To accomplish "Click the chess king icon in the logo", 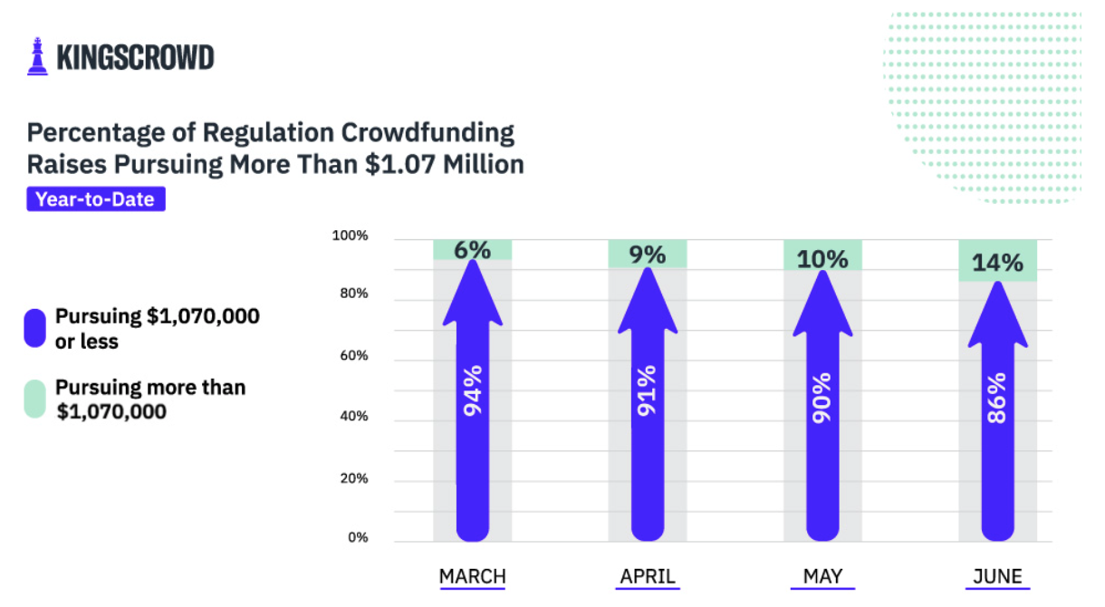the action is coord(37,56).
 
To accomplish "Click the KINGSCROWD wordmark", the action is coord(136,57).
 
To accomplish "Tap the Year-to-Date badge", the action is coord(96,199).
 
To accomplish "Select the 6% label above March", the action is coord(473,250).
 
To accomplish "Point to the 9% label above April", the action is coord(648,255).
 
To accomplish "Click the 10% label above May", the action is coord(822,259).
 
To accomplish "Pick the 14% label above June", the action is coord(998,263).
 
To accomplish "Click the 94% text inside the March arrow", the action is coord(473,390).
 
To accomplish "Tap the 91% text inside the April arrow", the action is coord(648,390).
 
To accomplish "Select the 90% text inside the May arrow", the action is coord(822,399).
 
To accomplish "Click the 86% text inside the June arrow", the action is coord(997,399).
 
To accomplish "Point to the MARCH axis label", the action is coord(473,576).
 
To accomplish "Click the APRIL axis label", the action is coord(648,576).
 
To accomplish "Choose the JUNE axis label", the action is coord(998,576).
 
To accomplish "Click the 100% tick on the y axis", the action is coord(351,236).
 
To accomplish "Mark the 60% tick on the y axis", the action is coord(354,356).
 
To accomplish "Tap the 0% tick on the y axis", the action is coord(358,537).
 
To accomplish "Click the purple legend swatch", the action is coord(35,328).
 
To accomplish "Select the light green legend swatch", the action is coord(35,399).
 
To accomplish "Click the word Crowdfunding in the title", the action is coord(428,133).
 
